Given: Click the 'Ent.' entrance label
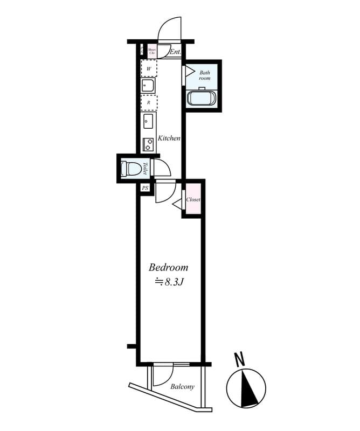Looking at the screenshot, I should point(175,52).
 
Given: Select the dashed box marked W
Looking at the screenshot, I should point(149,69).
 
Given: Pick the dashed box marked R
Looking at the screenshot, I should point(149,102).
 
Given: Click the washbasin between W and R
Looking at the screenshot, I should point(148,85).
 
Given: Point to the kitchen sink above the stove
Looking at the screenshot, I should point(148,121).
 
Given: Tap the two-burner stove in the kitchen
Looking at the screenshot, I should point(148,144).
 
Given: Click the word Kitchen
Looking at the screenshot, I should point(169,138).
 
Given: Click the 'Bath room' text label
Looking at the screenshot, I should point(204,75).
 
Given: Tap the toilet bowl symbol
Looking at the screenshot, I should point(130,169).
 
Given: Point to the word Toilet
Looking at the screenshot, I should point(145,169).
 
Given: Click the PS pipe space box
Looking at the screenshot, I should point(145,188).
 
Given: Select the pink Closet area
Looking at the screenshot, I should point(193,199).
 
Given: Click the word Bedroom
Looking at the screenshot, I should point(168,267).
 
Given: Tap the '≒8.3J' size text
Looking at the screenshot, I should point(170,281).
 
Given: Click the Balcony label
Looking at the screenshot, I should point(182,387).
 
